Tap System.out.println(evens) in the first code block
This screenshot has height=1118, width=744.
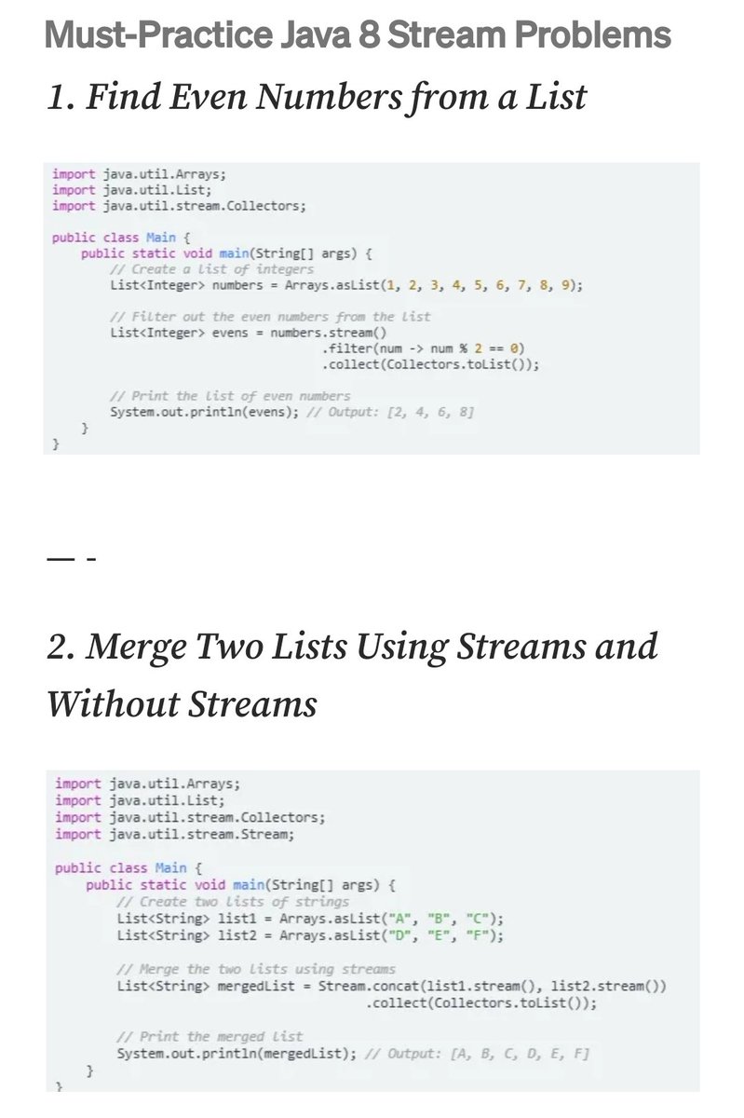[x=203, y=412]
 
